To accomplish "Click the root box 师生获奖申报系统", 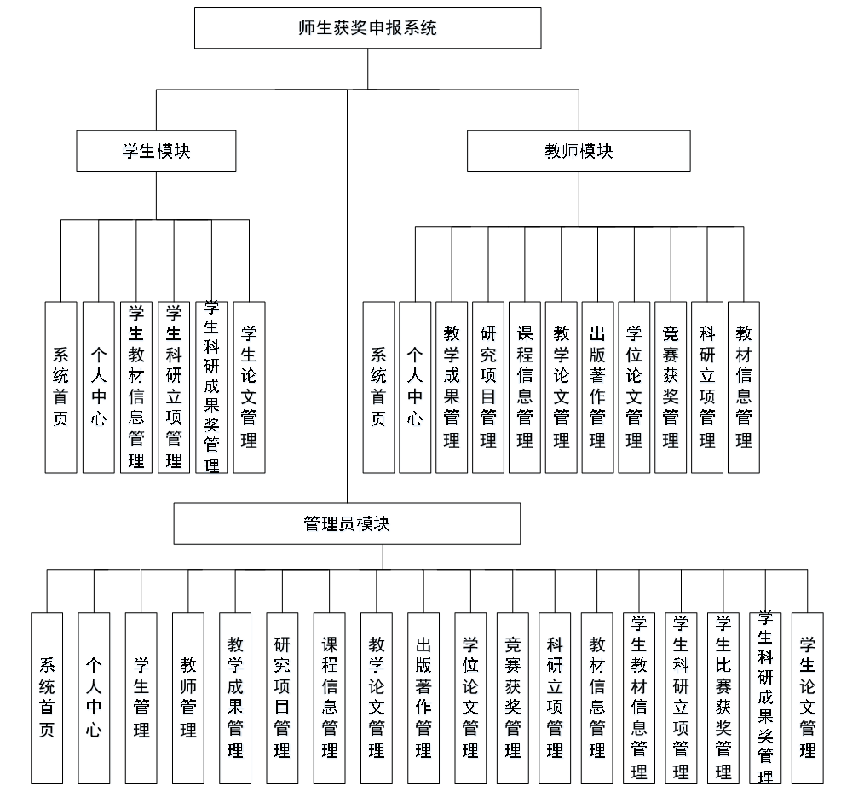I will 367,28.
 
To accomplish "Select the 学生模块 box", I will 156,152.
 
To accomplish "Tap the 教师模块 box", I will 579,152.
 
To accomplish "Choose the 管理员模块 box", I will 347,523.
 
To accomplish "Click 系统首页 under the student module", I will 60,387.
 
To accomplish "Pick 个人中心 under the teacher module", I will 415,387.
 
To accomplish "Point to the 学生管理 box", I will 141,697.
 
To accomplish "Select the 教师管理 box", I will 188,697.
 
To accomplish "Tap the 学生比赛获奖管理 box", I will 723,697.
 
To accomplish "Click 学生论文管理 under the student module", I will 249,387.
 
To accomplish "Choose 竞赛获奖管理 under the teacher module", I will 671,387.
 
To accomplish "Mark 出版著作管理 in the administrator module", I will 423,697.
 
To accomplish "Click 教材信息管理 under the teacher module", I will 744,387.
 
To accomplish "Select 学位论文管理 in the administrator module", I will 470,697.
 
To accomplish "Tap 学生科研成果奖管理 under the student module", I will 211,387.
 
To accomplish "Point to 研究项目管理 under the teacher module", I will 488,387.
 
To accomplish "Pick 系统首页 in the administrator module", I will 47,697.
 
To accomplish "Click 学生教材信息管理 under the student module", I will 136,387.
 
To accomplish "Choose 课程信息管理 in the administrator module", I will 329,697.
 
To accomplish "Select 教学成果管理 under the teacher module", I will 452,387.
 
